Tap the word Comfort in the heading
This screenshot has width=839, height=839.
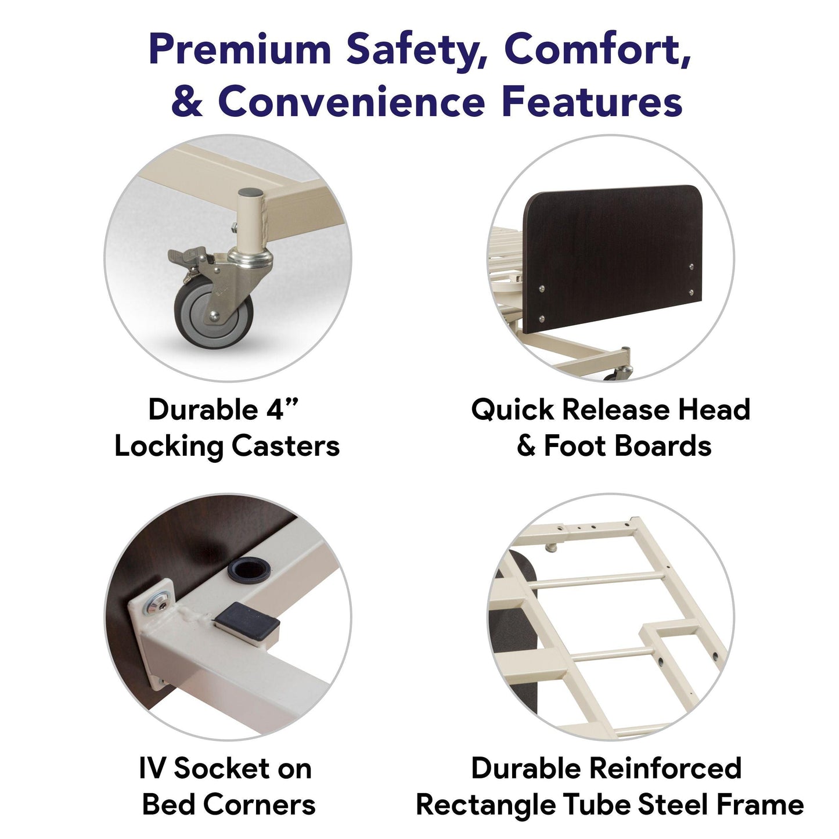point(597,49)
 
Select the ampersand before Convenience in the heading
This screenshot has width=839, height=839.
point(187,101)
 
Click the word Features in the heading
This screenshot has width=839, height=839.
point(592,101)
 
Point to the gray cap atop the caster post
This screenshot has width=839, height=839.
point(250,192)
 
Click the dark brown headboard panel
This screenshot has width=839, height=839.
point(614,258)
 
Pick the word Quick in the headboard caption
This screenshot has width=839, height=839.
point(513,410)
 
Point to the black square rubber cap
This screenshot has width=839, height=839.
point(246,621)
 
